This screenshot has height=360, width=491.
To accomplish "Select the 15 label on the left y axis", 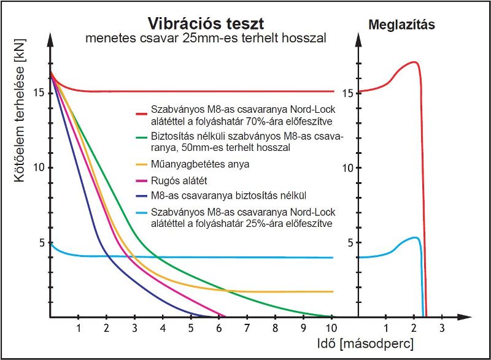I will pyautogui.click(x=38, y=93).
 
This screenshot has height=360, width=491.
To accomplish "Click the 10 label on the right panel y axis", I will pyautogui.click(x=347, y=167).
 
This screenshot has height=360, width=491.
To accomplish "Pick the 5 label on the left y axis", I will pyautogui.click(x=42, y=242).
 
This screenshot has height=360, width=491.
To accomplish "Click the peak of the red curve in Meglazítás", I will pyautogui.click(x=414, y=62).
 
